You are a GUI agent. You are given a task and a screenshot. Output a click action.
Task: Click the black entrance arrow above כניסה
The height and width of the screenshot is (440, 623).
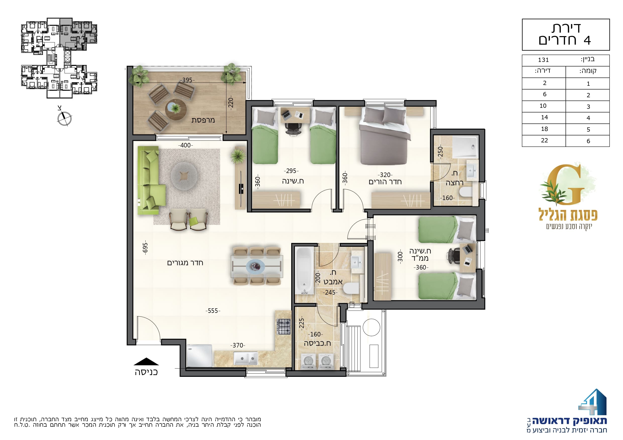click(146, 361)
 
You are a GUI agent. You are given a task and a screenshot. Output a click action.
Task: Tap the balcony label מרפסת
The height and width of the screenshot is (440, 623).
click(203, 120)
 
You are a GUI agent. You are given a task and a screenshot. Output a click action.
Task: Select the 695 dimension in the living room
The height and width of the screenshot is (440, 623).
click(145, 247)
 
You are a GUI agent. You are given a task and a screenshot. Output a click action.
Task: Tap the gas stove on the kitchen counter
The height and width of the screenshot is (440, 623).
click(284, 327)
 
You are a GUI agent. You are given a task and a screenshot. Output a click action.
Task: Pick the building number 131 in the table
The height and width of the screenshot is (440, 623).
click(543, 60)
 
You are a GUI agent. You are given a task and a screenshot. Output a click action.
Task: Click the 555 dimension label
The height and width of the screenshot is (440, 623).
click(213, 311)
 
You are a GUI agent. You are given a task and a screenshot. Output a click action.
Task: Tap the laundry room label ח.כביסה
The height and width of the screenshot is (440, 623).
click(317, 343)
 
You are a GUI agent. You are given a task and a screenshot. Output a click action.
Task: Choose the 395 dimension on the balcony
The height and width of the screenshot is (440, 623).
click(187, 80)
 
